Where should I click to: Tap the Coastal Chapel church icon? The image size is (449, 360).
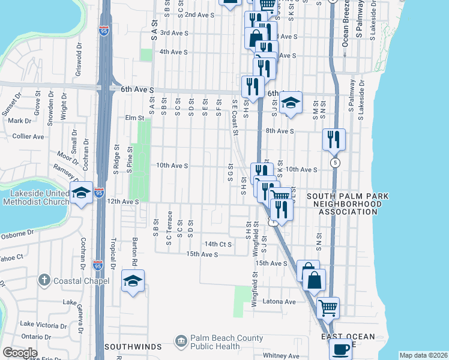coord(44,280)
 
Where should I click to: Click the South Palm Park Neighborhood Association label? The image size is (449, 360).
coord(348,204)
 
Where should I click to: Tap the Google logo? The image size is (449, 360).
coord(20,353)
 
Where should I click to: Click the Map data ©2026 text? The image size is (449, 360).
coord(424,355)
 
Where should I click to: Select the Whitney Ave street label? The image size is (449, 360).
coord(282,356)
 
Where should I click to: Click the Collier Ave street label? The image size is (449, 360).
coord(28,136)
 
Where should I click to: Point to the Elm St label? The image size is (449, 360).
coord(135,118)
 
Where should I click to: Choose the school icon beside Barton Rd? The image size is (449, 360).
coord(133,281)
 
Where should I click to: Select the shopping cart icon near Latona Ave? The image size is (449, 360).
coord(328,308)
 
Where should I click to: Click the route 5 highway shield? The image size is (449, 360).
coord(334,163)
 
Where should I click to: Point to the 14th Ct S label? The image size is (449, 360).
coord(218,244)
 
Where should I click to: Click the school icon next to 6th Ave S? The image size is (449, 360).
coord(291,103)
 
